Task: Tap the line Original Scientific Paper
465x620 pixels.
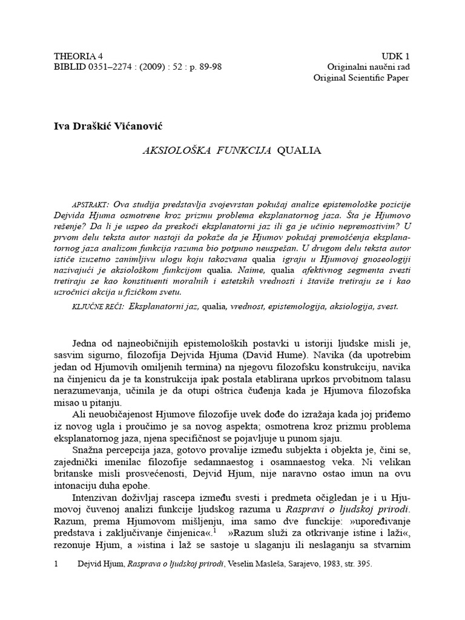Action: coord(361,77)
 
